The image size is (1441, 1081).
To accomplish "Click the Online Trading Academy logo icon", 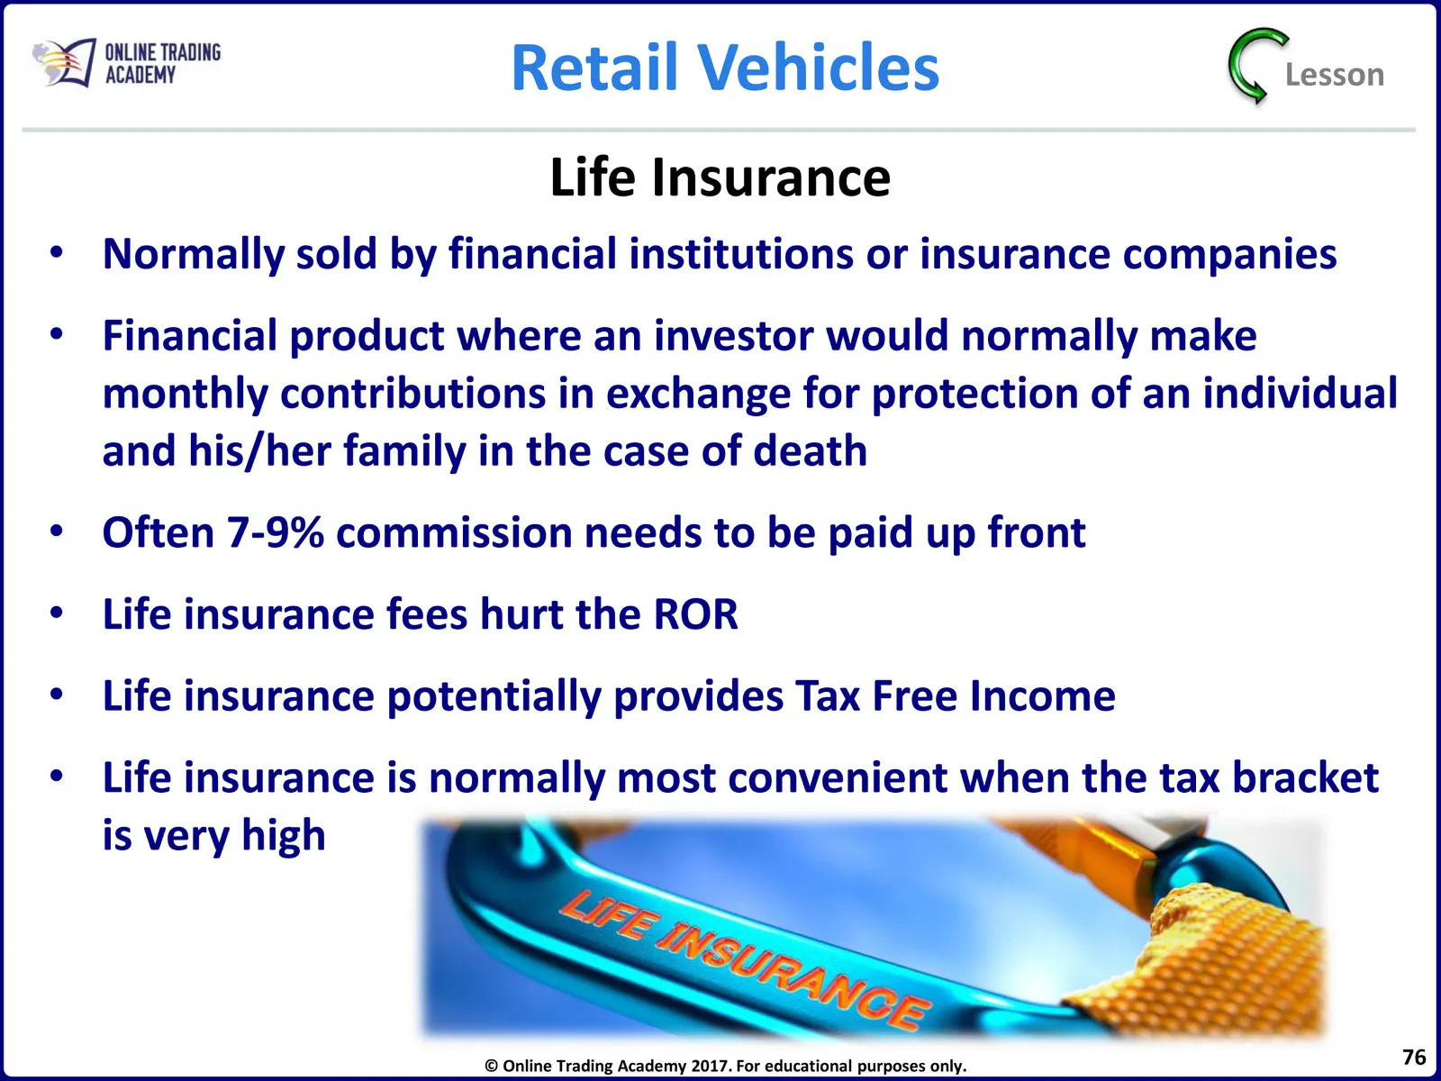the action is point(64,62).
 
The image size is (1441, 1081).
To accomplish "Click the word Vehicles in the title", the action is point(818,67).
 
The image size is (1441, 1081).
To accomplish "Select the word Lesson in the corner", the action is point(1335,75).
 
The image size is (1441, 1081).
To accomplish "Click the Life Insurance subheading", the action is point(720,177).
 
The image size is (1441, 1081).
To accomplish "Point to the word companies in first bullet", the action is point(1229,255).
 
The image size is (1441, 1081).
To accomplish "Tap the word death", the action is point(810,451).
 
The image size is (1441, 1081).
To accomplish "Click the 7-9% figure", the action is point(275,532).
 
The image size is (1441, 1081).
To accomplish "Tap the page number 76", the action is point(1413,1057).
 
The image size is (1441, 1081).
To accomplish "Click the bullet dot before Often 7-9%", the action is point(57,531).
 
